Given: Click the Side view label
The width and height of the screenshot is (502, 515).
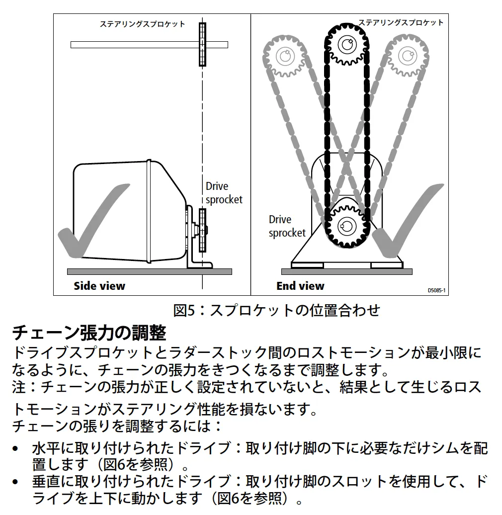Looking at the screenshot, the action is pos(99,286).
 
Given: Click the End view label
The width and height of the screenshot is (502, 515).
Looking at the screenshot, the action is pos(300,286).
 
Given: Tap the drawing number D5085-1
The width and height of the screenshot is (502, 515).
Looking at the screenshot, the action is pos(436,290).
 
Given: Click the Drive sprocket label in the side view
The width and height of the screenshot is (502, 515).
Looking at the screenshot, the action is pos(224,193).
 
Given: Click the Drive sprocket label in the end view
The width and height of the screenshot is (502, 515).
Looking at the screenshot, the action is pos(287,226).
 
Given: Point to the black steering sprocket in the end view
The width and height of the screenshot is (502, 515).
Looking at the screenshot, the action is pos(347,45).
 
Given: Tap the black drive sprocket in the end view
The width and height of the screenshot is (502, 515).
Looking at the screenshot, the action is pos(347,226).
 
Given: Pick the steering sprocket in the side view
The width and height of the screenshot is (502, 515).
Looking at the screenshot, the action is pos(203,44).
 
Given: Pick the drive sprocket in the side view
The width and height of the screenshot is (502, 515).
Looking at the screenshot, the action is pos(203,230).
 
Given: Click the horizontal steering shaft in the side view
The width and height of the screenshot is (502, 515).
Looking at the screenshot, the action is pos(149,45).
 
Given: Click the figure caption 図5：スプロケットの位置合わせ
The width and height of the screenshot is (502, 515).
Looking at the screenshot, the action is pos(277,310).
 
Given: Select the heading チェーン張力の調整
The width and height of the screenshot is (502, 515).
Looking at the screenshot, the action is pos(89,333).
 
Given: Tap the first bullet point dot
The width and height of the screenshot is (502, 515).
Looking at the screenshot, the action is pos(15,449).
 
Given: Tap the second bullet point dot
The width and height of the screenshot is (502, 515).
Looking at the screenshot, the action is pos(15,482).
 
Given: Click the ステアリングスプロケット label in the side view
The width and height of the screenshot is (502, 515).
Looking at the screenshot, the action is pos(143,24).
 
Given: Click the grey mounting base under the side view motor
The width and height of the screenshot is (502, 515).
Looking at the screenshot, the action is pos(150,271).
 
